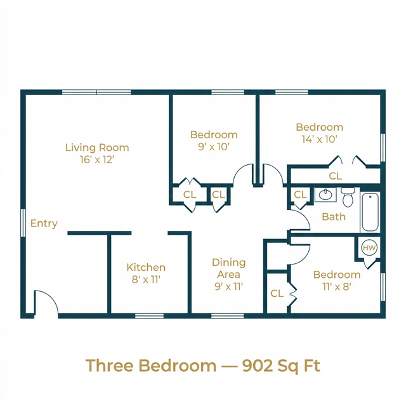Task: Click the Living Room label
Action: click(97, 154)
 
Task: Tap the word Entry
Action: click(44, 223)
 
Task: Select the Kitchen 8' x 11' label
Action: click(146, 273)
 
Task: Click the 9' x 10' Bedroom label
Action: click(214, 140)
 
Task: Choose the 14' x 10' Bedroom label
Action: click(319, 133)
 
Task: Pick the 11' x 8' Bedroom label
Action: click(337, 280)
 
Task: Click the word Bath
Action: click(334, 216)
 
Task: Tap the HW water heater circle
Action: click(369, 247)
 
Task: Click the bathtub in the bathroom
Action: click(370, 213)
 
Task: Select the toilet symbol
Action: click(348, 198)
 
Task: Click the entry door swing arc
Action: click(44, 303)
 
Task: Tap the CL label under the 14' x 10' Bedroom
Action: click(335, 176)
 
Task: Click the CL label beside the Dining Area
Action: click(277, 294)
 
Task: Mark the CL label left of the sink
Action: click(300, 195)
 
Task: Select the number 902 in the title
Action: click(258, 365)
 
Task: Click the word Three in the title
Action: click(108, 365)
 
